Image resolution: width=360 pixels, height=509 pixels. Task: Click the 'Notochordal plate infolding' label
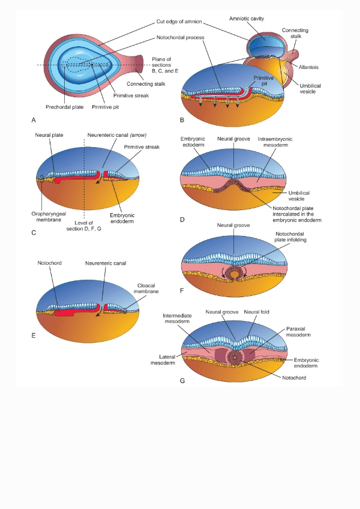click(291, 253)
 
